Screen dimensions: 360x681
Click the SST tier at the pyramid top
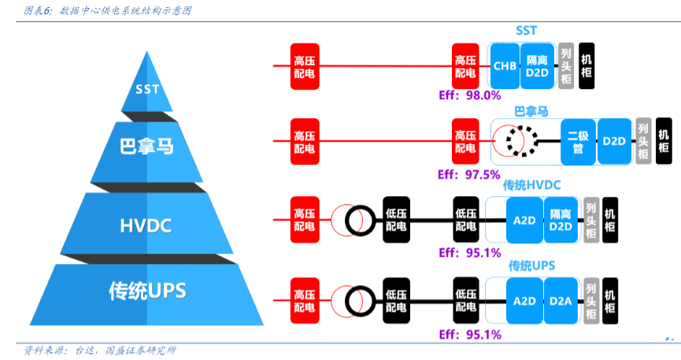pyautogui.click(x=147, y=88)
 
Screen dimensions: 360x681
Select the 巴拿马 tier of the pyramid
pyautogui.click(x=147, y=147)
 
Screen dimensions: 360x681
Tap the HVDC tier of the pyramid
pyautogui.click(x=147, y=226)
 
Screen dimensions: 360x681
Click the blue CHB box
pyautogui.click(x=505, y=66)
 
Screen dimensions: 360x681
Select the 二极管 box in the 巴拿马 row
pyautogui.click(x=578, y=141)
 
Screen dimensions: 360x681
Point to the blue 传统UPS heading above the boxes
pyautogui.click(x=532, y=265)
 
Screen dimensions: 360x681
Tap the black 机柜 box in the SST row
pyautogui.click(x=587, y=65)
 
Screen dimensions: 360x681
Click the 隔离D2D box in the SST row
pyautogui.click(x=537, y=66)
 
